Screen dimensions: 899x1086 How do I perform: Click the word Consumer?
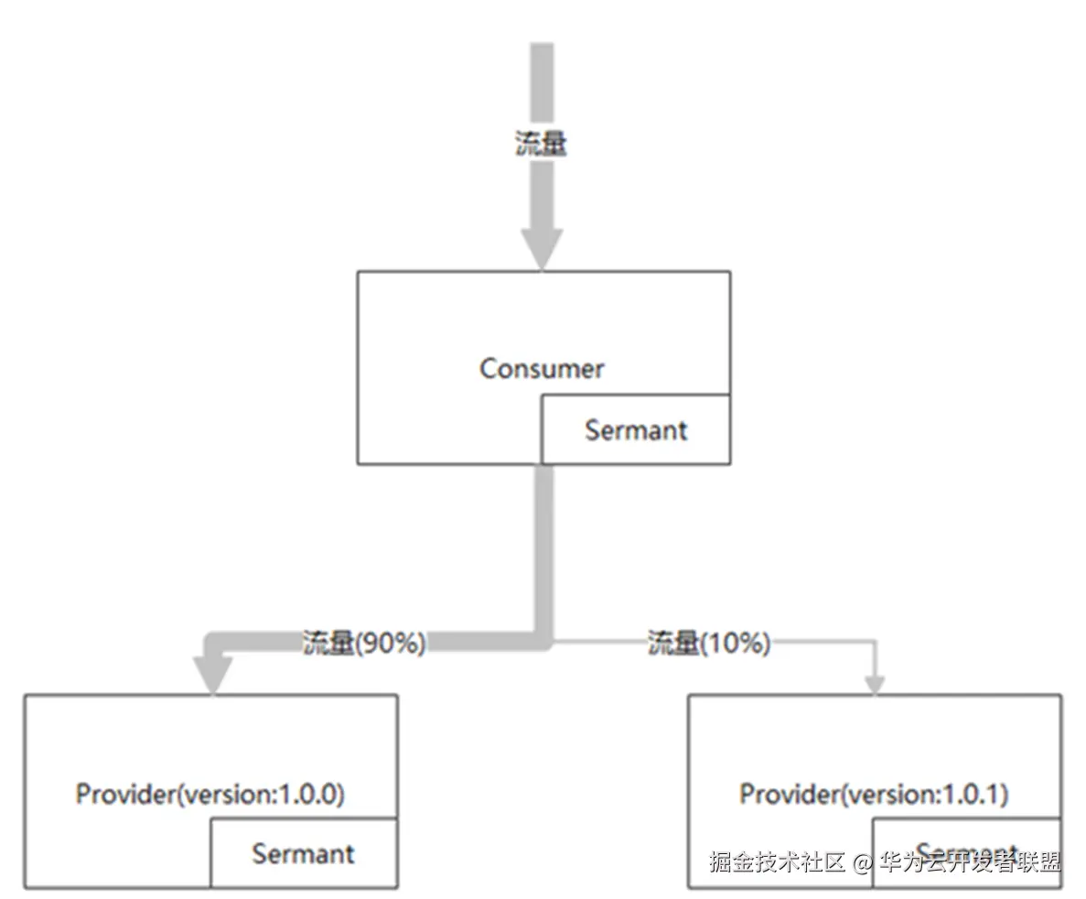542,369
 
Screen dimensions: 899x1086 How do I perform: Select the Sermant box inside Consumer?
636,429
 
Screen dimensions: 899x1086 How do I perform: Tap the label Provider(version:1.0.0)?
210,794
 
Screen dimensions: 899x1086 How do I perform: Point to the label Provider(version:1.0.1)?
874,794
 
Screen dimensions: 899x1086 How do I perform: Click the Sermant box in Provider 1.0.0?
304,853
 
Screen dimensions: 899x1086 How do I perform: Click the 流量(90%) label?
365,644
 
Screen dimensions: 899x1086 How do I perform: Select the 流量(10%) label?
709,644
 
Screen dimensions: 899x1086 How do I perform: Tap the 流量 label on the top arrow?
541,144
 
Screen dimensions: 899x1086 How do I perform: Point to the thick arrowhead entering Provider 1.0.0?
214,676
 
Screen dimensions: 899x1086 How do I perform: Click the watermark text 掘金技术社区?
777,862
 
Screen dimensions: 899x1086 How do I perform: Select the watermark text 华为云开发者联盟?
970,862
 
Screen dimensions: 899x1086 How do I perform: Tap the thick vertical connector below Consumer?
544,549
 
